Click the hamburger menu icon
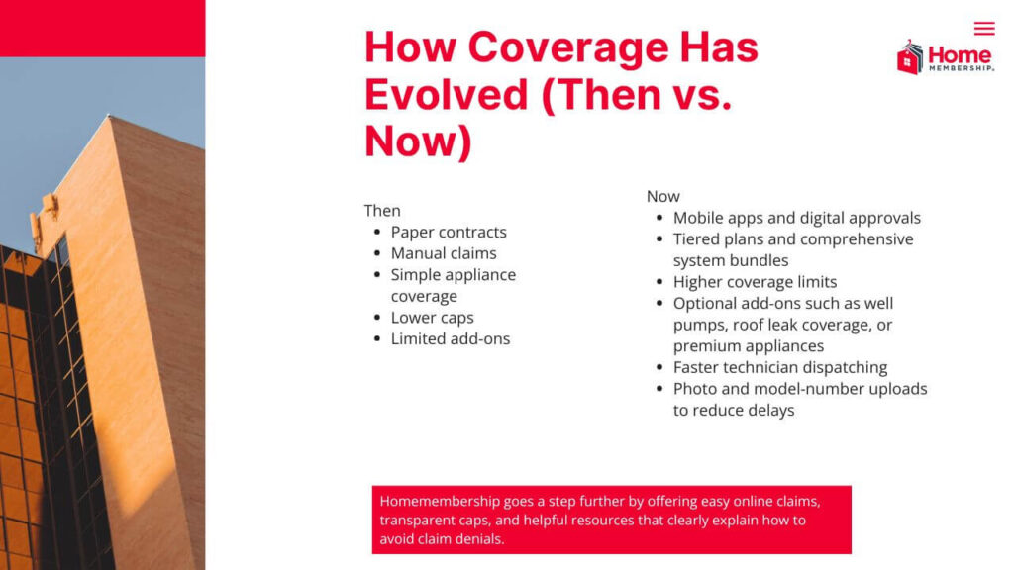pyautogui.click(x=983, y=29)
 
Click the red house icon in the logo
pyautogui.click(x=910, y=58)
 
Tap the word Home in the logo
pyautogui.click(x=960, y=55)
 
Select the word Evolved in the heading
pyautogui.click(x=447, y=94)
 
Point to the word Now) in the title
pyautogui.click(x=418, y=142)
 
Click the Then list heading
pyautogui.click(x=382, y=211)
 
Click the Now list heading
pyautogui.click(x=663, y=196)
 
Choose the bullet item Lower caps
pyautogui.click(x=432, y=318)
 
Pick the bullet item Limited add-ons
pyautogui.click(x=451, y=339)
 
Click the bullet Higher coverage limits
pyautogui.click(x=755, y=282)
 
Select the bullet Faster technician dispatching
pyautogui.click(x=780, y=367)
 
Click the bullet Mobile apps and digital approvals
pyautogui.click(x=796, y=218)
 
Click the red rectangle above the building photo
pyautogui.click(x=102, y=28)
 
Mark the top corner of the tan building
pyautogui.click(x=110, y=117)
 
